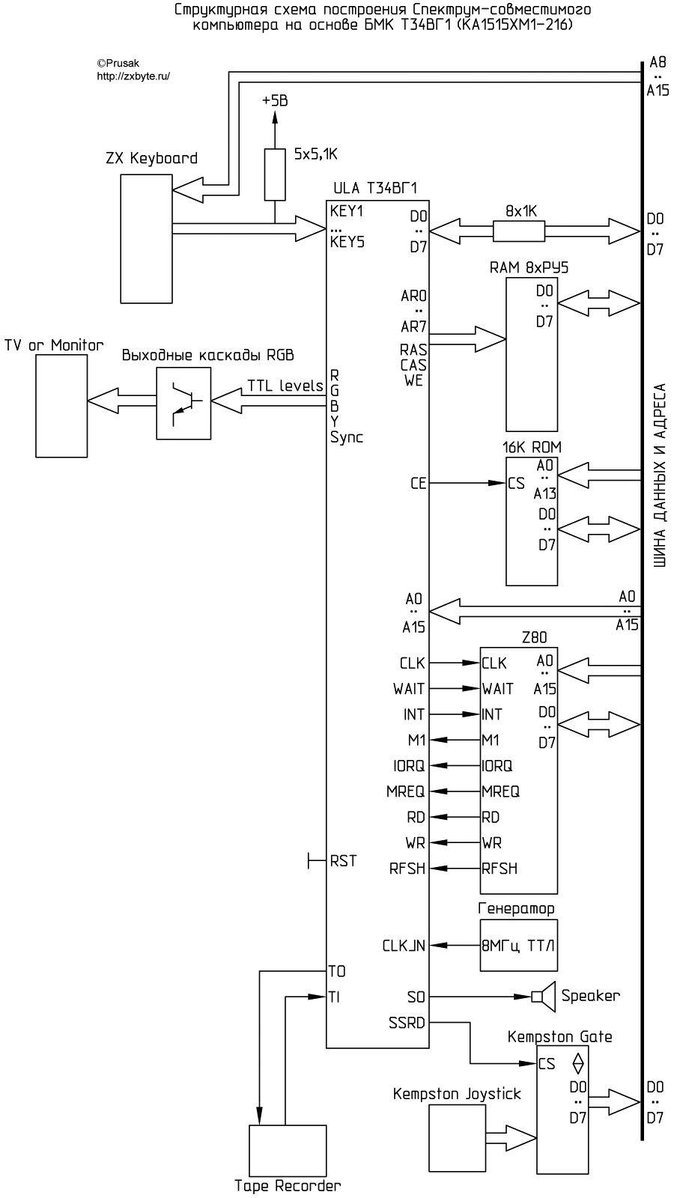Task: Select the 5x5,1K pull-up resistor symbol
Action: pyautogui.click(x=275, y=174)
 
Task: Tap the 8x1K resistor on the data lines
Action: pyautogui.click(x=519, y=231)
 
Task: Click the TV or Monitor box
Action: pyautogui.click(x=61, y=405)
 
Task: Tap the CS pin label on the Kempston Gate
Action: pyautogui.click(x=547, y=1063)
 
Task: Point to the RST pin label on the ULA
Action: pyautogui.click(x=343, y=861)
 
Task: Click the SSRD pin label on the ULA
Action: pyautogui.click(x=407, y=1022)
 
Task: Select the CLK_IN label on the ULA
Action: pyautogui.click(x=404, y=946)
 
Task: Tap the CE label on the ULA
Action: pyautogui.click(x=418, y=484)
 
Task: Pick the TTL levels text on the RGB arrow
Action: pyautogui.click(x=285, y=386)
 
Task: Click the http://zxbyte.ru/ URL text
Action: pyautogui.click(x=133, y=76)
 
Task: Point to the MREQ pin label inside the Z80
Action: pyautogui.click(x=500, y=791)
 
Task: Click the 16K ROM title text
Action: pyautogui.click(x=532, y=447)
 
